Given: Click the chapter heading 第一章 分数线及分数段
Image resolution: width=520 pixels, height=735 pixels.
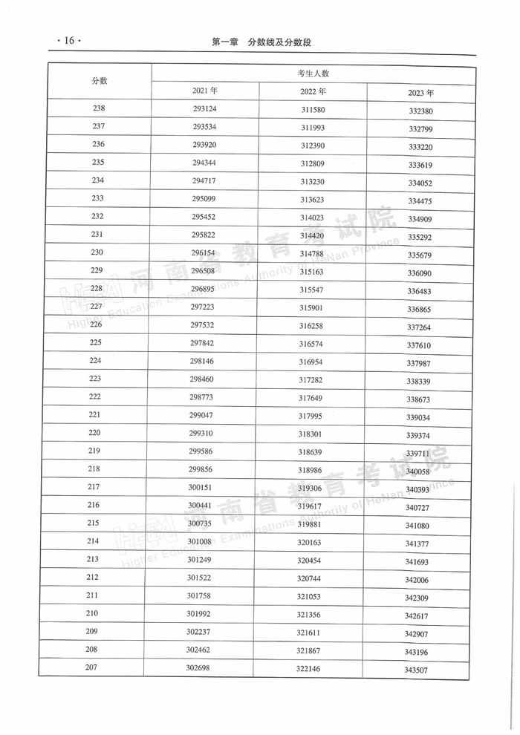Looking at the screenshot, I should click(261, 42).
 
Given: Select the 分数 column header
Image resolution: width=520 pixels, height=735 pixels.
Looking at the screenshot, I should click(100, 81).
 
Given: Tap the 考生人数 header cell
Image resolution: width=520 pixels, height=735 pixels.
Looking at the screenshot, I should click(313, 73).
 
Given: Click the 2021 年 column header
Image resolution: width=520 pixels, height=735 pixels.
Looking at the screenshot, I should click(205, 91).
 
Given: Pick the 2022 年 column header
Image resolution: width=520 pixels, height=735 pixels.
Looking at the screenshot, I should click(313, 92).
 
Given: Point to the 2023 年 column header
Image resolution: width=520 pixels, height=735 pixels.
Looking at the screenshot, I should click(420, 94).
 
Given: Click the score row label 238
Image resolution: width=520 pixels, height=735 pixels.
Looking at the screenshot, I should click(99, 108).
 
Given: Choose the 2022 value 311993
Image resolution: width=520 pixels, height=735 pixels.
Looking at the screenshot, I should click(313, 128).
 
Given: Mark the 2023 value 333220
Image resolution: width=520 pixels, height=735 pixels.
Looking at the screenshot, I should click(420, 147).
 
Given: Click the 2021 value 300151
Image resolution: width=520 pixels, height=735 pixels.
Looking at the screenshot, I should click(201, 487).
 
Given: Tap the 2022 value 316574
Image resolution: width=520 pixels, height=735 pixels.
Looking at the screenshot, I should click(311, 344).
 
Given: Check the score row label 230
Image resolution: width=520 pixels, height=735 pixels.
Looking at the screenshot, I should click(97, 252).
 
